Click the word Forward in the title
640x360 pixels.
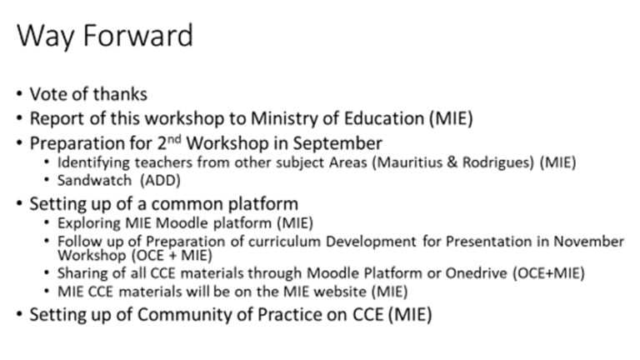click(138, 36)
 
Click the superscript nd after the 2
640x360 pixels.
click(174, 139)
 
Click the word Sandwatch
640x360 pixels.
click(94, 180)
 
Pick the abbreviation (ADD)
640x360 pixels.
click(160, 180)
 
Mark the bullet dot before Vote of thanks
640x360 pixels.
click(20, 94)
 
